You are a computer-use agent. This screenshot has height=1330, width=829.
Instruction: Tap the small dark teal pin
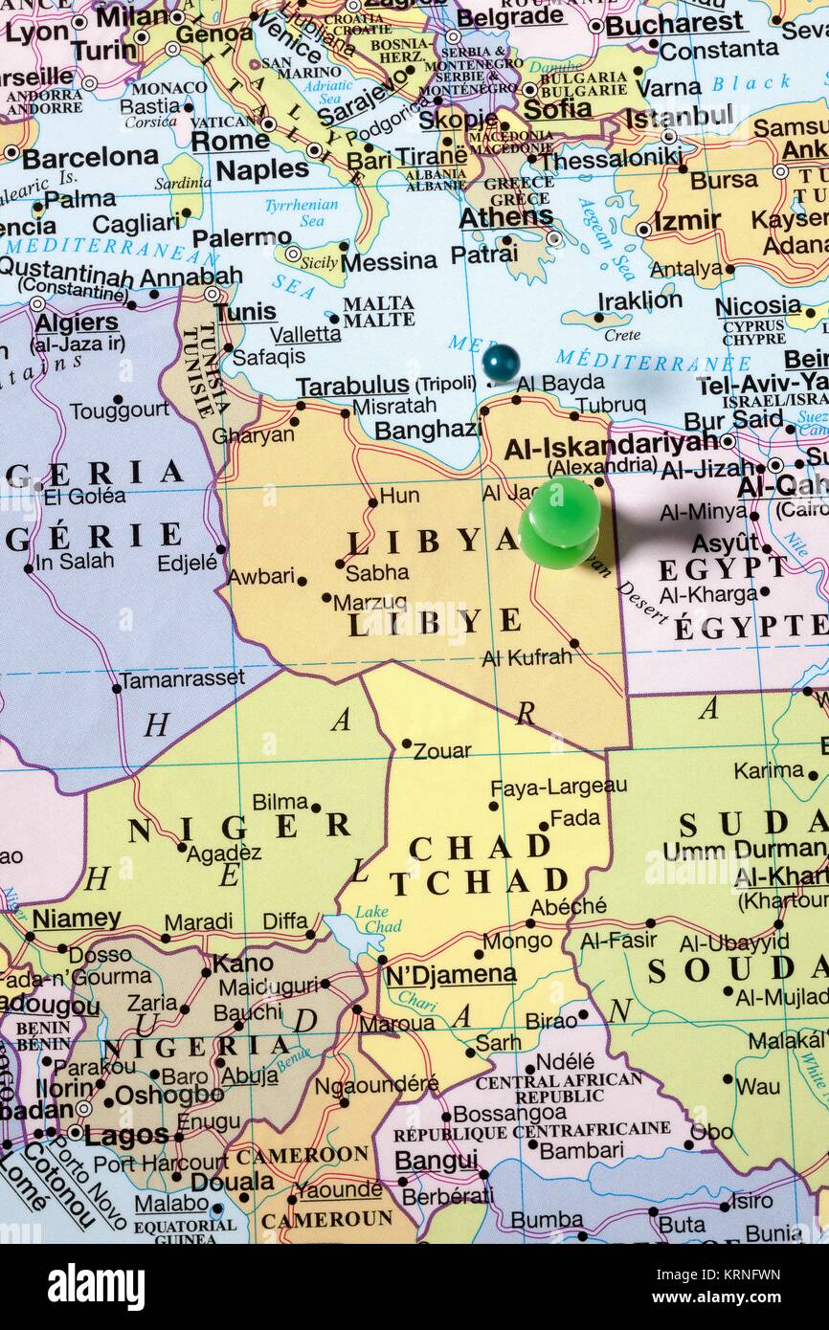[x=501, y=363]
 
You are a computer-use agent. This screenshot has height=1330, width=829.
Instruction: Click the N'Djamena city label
[x=450, y=974]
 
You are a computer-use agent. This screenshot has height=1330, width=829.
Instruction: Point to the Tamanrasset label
[x=183, y=678]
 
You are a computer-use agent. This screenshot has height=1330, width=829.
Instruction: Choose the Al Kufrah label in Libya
[x=527, y=657]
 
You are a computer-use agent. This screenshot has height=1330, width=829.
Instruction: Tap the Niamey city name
[x=77, y=919]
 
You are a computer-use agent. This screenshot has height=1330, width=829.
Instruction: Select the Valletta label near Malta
[x=305, y=334]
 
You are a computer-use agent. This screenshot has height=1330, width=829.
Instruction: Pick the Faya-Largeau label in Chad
[x=559, y=787]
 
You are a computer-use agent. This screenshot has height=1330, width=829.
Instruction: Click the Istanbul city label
[x=680, y=119]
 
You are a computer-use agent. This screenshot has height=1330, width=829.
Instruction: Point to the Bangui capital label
[x=437, y=1161]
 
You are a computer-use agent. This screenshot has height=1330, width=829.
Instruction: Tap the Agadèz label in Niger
[x=224, y=854]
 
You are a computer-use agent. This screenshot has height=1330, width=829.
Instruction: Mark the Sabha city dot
[x=339, y=564]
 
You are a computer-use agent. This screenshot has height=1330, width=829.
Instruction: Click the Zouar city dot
[x=406, y=743]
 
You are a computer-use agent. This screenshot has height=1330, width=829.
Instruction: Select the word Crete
[x=622, y=335]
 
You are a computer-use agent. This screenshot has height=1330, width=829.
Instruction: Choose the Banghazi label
[x=427, y=430]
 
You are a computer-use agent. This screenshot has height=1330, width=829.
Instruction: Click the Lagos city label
[x=126, y=1136]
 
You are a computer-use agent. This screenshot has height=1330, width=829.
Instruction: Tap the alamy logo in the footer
[x=96, y=1286]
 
